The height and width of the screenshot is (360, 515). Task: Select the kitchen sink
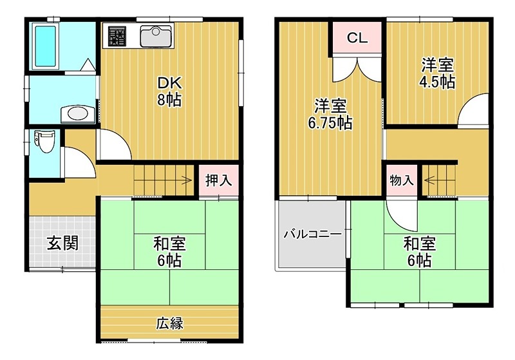click(x=155, y=36)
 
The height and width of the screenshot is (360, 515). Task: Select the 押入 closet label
click(x=218, y=180)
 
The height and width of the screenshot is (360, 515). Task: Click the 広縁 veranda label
click(x=170, y=323)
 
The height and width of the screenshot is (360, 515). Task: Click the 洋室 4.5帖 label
click(x=438, y=73)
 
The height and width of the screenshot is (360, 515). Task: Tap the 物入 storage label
click(x=402, y=180)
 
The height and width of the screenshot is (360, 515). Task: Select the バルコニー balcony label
click(x=313, y=234)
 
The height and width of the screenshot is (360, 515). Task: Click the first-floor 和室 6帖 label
click(x=170, y=252)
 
